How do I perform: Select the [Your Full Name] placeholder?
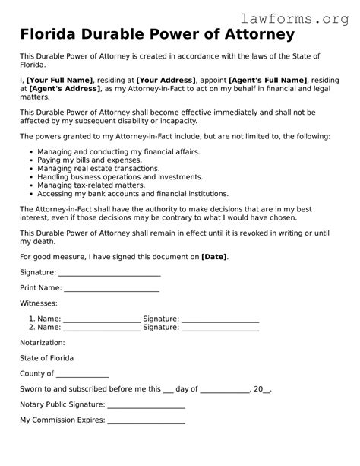pos(60,81)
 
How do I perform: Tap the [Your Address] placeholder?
pos(166,81)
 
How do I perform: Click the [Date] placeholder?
pos(214,257)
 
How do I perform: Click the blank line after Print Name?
pos(112,290)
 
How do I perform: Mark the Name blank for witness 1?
pos(102,320)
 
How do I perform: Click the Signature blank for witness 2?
pos(220,328)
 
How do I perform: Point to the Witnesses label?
pos(38,303)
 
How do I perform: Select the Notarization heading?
pos(43,343)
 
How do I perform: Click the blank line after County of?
pos(83,375)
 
